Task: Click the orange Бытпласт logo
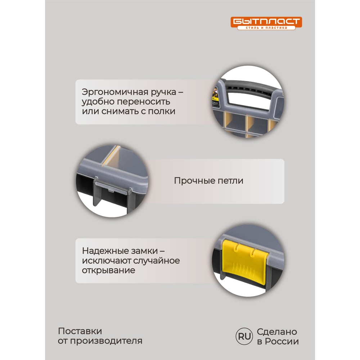266,23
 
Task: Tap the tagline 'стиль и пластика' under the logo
266,28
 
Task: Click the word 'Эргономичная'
115,92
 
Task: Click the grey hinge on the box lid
112,188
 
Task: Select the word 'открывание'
109,270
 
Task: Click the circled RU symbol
244,336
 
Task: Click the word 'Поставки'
80,331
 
